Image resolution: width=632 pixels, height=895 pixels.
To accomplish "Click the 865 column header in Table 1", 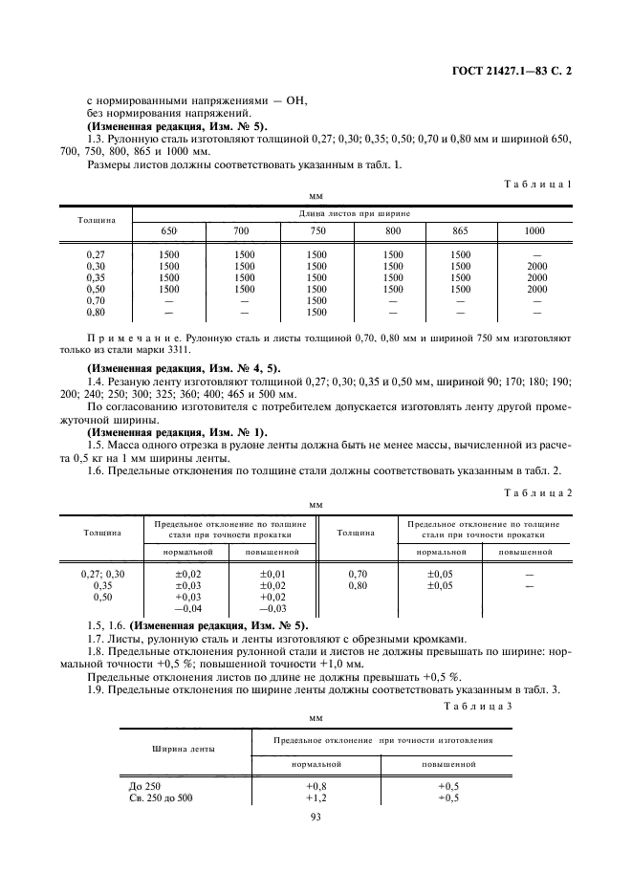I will [462, 230].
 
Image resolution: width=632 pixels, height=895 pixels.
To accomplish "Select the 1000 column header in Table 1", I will [535, 230].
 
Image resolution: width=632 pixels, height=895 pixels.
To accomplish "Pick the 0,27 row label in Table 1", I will [96, 254].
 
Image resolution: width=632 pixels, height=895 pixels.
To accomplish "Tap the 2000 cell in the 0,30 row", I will [536, 266].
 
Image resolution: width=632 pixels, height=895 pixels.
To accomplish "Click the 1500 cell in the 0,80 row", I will [316, 312].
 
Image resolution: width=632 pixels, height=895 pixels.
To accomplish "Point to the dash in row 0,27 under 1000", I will [536, 254].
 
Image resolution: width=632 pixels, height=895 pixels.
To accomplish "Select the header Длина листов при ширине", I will [354, 212].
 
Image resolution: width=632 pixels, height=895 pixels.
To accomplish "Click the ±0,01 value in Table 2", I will [272, 572].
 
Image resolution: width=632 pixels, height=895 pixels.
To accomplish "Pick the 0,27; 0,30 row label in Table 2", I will [101, 572].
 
